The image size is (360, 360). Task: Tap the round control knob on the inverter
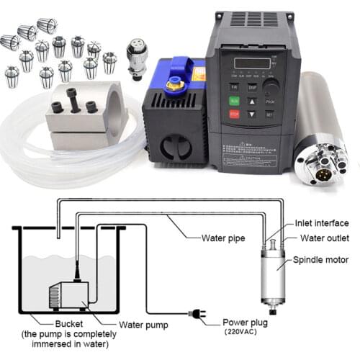(270, 88)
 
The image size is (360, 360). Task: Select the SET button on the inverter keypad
(269, 114)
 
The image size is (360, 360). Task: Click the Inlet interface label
(321, 223)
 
